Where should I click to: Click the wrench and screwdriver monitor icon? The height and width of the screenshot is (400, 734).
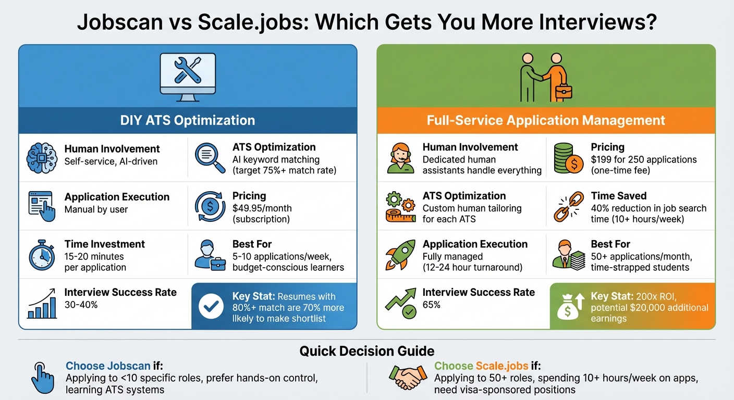[x=188, y=76]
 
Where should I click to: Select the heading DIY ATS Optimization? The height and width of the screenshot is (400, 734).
[x=188, y=120]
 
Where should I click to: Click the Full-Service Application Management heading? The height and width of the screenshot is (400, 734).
[x=546, y=120]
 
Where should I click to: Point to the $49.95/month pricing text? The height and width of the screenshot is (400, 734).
[x=262, y=208]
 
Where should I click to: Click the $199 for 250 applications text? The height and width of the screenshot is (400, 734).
[x=644, y=159]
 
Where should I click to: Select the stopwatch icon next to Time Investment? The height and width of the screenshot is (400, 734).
[x=42, y=255]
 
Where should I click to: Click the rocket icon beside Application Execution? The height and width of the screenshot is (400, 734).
[x=400, y=255]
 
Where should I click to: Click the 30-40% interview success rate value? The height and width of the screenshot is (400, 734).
[x=81, y=305]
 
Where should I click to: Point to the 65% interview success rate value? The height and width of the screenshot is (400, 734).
[x=432, y=305]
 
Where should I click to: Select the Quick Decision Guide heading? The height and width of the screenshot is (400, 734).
[x=366, y=351]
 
